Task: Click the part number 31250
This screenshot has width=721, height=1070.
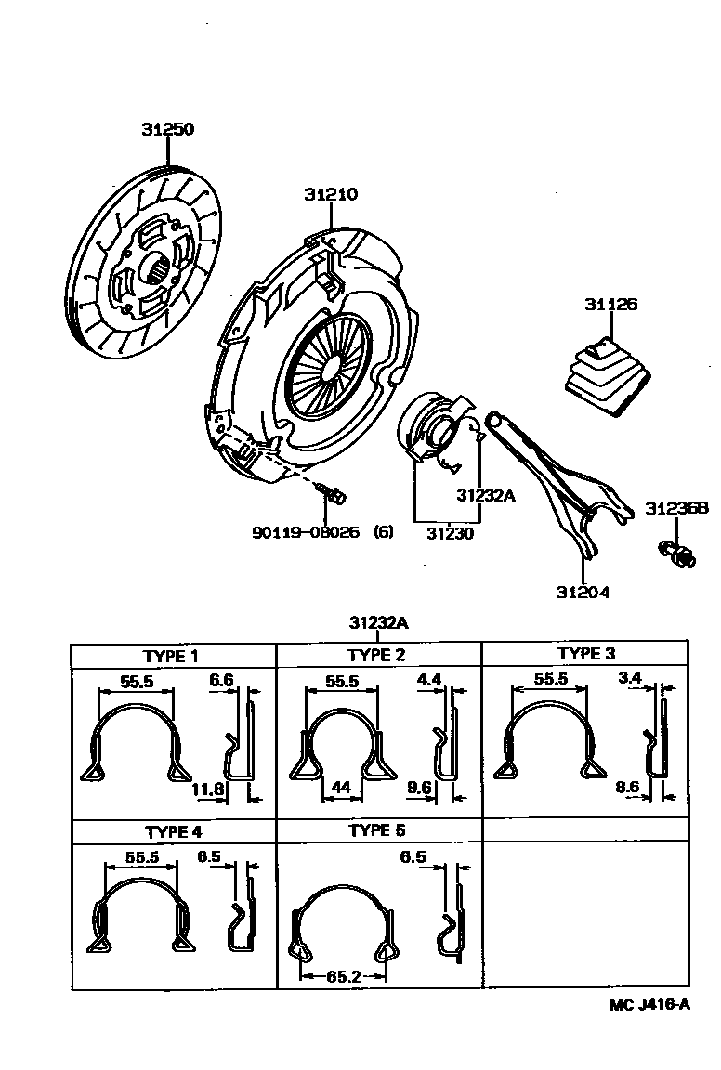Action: pyautogui.click(x=167, y=130)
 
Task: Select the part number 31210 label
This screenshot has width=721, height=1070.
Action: pyautogui.click(x=330, y=195)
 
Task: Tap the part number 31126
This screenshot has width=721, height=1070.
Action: pyautogui.click(x=610, y=305)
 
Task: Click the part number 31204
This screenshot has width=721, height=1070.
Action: pyautogui.click(x=583, y=592)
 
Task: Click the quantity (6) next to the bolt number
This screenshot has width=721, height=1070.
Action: pyautogui.click(x=384, y=533)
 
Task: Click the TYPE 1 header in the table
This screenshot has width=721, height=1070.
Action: pyautogui.click(x=171, y=656)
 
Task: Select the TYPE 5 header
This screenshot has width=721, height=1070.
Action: pyautogui.click(x=377, y=830)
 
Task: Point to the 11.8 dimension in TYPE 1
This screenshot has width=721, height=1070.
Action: pyautogui.click(x=208, y=789)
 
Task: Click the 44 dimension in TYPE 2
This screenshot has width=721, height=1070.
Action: pyautogui.click(x=340, y=789)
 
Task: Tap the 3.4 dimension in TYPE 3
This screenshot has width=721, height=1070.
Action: pyautogui.click(x=630, y=678)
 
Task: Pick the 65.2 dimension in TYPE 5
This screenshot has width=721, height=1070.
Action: pyautogui.click(x=343, y=976)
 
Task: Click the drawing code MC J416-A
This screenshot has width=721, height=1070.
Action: pyautogui.click(x=649, y=1003)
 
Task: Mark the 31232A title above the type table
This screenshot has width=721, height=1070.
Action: pyautogui.click(x=379, y=622)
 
